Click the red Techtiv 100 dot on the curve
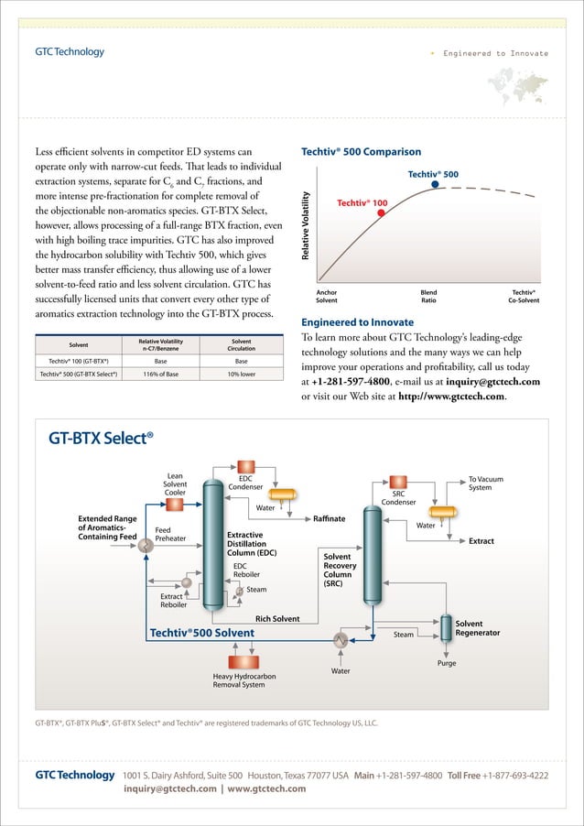click(381, 212)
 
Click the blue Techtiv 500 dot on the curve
click(436, 184)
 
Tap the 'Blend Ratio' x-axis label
click(428, 297)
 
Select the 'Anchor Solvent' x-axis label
click(326, 297)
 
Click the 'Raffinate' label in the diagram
click(329, 519)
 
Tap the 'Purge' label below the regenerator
click(447, 663)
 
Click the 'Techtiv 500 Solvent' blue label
click(202, 633)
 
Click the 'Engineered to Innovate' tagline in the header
click(495, 53)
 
